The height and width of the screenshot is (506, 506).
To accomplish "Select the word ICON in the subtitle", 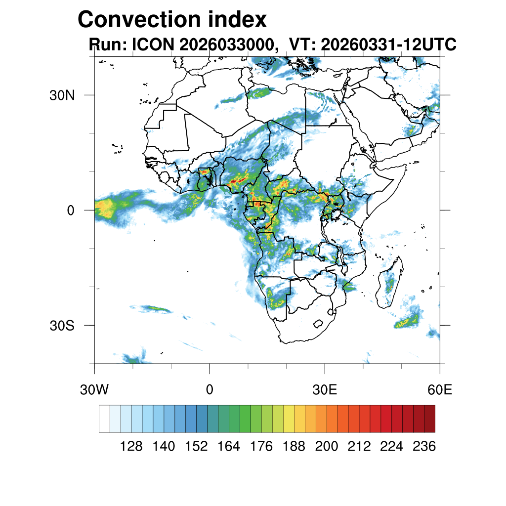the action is pyautogui.click(x=153, y=44).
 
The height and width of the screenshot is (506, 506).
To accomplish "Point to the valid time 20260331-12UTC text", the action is pyautogui.click(x=388, y=44).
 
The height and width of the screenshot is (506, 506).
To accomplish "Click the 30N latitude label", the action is pyautogui.click(x=62, y=95).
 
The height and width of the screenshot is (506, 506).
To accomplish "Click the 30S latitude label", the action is pyautogui.click(x=62, y=326).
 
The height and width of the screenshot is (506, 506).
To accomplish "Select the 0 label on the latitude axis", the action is pyautogui.click(x=71, y=211).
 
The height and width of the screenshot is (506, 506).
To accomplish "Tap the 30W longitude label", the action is pyautogui.click(x=94, y=390).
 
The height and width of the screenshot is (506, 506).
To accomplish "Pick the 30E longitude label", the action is pyautogui.click(x=325, y=390).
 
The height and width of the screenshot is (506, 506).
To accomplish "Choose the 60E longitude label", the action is pyautogui.click(x=440, y=390).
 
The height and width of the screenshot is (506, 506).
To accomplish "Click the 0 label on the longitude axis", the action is pyautogui.click(x=210, y=390).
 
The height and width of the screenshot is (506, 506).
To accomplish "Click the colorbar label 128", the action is pyautogui.click(x=131, y=446).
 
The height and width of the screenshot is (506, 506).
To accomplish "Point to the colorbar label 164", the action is pyautogui.click(x=229, y=446).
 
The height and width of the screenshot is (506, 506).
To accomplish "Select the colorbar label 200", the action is pyautogui.click(x=327, y=446).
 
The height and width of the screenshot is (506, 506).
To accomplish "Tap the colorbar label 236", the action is pyautogui.click(x=424, y=446).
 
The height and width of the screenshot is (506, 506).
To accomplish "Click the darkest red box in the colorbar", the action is pyautogui.click(x=430, y=419).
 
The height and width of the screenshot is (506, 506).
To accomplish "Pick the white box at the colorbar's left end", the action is pyautogui.click(x=105, y=419).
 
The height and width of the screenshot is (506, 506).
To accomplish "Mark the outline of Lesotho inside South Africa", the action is pyautogui.click(x=318, y=324).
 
